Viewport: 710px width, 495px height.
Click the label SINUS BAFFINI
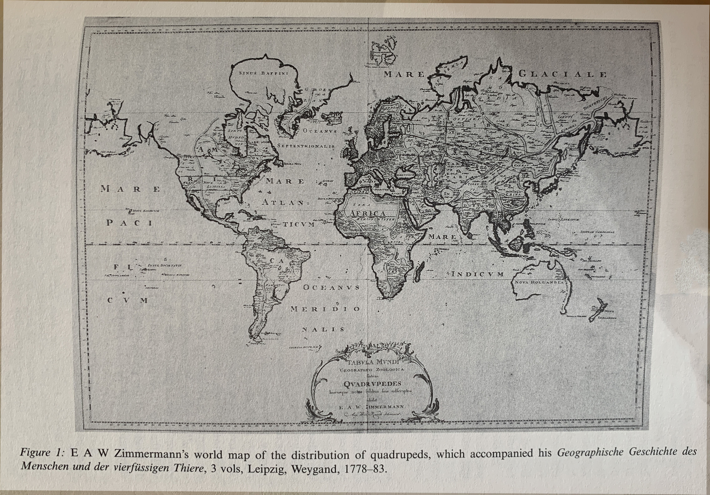[x=264, y=73]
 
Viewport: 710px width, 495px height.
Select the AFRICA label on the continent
[x=367, y=213]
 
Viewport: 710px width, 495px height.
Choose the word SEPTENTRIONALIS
[x=306, y=145]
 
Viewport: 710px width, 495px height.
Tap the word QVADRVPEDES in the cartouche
[x=372, y=384]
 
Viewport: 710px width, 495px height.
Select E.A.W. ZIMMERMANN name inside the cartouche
[x=372, y=407]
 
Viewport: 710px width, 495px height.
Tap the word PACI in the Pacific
[x=129, y=223]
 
